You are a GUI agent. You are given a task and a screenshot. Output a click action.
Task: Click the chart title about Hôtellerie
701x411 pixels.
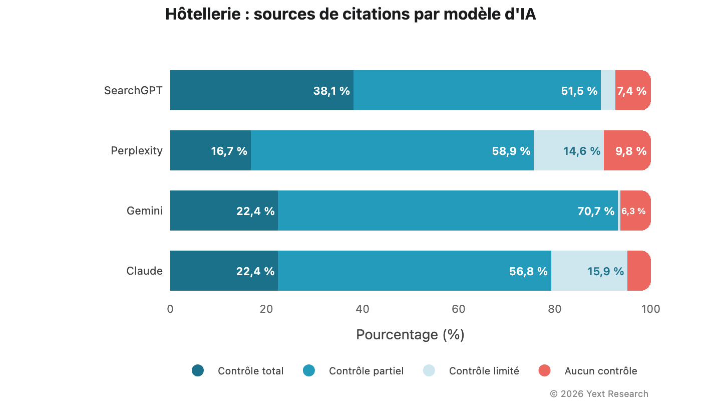(350, 15)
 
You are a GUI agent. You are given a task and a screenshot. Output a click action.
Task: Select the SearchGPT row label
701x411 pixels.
(133, 91)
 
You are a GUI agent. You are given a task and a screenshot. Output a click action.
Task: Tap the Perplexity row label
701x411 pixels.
(137, 151)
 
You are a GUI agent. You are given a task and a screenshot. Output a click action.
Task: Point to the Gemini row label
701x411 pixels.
(145, 211)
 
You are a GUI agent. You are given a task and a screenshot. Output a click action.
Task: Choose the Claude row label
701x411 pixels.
(145, 271)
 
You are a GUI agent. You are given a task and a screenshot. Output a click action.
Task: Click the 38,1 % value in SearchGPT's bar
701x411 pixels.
(331, 91)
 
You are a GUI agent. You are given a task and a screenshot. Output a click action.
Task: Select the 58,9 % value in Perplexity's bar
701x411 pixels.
(511, 151)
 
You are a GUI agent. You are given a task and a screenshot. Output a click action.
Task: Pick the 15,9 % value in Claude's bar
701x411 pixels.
(605, 272)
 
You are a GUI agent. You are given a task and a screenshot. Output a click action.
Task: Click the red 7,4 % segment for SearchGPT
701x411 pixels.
(632, 91)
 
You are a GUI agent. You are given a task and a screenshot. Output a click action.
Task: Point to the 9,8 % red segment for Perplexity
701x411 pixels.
(627, 151)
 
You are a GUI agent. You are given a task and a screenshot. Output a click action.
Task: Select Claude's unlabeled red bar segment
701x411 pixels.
(639, 271)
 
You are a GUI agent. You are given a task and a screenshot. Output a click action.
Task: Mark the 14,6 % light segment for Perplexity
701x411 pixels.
(581, 151)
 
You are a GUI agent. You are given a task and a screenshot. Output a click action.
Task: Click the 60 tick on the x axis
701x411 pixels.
(459, 309)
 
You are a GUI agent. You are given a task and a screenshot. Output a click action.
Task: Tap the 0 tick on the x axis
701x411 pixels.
(170, 309)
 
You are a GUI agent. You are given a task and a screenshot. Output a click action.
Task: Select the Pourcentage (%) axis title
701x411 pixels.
(410, 334)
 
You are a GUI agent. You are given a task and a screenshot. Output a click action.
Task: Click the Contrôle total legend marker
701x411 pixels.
(198, 371)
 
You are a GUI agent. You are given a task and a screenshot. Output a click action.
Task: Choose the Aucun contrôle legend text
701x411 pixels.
(601, 371)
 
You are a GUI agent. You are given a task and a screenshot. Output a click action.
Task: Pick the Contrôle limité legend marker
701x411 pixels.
(429, 371)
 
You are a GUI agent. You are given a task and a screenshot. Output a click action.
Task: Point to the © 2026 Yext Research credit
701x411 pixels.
(599, 394)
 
